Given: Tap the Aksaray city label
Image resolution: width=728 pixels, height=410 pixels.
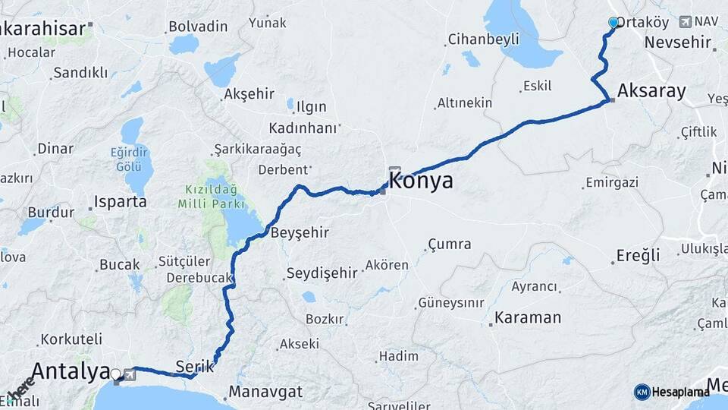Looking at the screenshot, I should pyautogui.click(x=651, y=92).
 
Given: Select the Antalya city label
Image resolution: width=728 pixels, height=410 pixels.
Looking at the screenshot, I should pyautogui.click(x=71, y=371).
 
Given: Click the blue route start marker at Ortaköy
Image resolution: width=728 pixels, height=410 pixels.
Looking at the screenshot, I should pyautogui.click(x=613, y=24).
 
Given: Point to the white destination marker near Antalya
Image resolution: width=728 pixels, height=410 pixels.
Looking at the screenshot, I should pyautogui.click(x=115, y=374).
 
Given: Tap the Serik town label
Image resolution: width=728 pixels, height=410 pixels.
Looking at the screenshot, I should pyautogui.click(x=190, y=366).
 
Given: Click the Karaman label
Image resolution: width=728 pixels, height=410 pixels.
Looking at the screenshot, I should pyautogui.click(x=528, y=317).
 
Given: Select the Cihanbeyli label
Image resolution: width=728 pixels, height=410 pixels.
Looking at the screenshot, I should pyautogui.click(x=483, y=39).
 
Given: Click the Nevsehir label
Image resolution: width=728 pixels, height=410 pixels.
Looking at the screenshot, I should pyautogui.click(x=679, y=43).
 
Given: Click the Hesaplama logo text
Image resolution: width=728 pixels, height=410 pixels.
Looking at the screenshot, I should pyautogui.click(x=681, y=392).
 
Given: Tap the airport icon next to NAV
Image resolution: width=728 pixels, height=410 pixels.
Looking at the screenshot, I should pyautogui.click(x=686, y=22).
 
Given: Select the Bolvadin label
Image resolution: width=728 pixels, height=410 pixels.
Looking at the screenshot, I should pyautogui.click(x=198, y=27).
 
